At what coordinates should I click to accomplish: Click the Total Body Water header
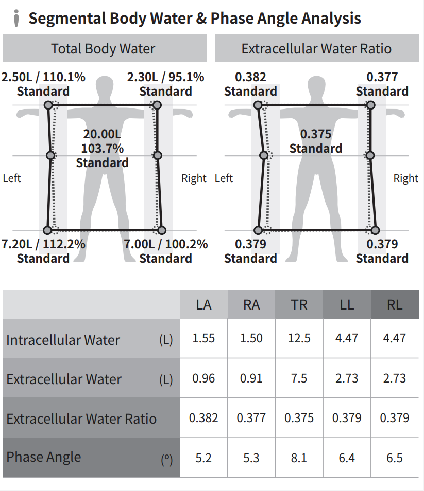pos(103,49)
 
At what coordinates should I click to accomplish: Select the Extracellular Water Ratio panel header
pos(316,49)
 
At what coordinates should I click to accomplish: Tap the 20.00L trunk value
pos(102,135)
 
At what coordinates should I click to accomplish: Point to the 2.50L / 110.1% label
pos(43,78)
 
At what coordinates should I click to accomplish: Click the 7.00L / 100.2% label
pos(165,244)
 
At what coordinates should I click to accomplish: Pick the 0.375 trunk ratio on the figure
pos(316,134)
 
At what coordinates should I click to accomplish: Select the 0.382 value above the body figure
pos(250,78)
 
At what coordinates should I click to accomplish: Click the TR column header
pos(299,305)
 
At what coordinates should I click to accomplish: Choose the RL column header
pos(395,305)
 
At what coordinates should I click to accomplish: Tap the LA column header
pos(203,305)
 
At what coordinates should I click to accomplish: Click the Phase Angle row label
pos(44,457)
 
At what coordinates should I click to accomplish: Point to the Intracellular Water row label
pos(63,340)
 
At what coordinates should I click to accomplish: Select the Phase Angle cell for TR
pos(299,458)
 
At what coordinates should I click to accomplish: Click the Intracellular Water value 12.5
pos(299,338)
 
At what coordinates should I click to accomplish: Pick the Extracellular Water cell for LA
pos(203,378)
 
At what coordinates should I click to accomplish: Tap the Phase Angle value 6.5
pos(395,458)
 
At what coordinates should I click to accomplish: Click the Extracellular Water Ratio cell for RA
pos(251,418)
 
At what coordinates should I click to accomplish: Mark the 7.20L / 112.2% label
pos(43,244)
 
